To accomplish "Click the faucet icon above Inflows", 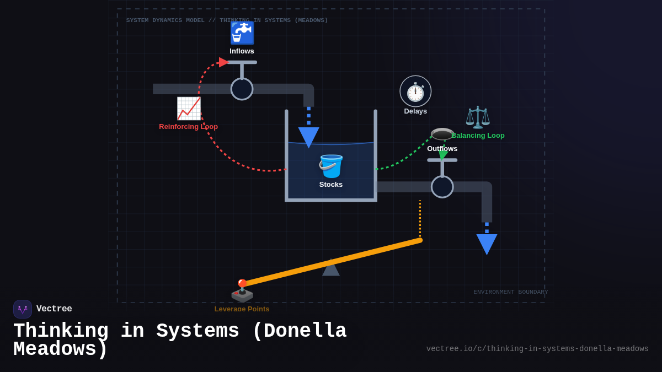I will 242,33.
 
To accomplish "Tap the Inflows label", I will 242,51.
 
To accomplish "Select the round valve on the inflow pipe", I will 242,89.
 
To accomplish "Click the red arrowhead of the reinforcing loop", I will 223,62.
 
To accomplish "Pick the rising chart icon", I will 189,108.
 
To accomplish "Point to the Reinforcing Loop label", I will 188,127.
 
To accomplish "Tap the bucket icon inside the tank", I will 330,166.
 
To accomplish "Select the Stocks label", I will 330,185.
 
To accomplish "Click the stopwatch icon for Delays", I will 415,91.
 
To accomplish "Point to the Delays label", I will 415,111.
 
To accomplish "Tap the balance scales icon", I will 477,117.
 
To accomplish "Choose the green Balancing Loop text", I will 478,136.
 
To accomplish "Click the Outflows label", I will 442,149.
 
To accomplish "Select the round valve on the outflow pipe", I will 442,187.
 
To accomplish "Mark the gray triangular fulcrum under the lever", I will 331,269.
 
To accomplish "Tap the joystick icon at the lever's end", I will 242,291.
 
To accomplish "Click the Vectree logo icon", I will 23,309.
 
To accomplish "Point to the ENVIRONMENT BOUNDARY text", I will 510,292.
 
